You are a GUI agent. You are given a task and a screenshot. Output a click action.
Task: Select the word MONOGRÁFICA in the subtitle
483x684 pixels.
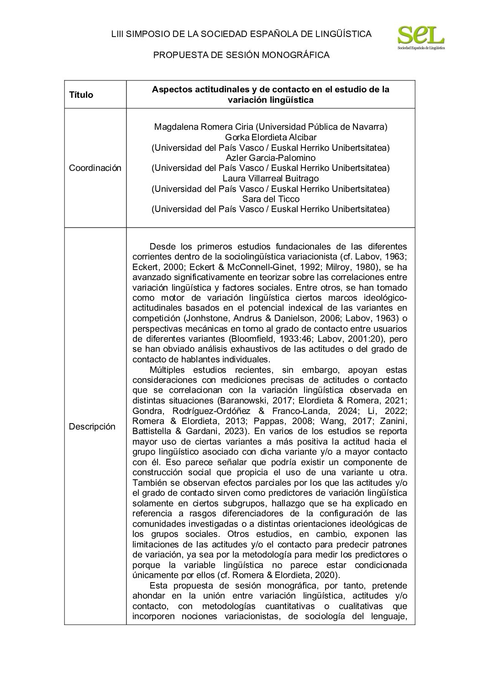pos(301,55)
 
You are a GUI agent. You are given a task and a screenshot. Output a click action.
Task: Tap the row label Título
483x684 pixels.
pos(81,95)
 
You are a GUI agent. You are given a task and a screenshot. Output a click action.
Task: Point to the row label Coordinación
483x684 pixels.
pos(95,168)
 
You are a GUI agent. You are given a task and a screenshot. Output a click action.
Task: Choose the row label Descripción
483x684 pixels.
pos(92,427)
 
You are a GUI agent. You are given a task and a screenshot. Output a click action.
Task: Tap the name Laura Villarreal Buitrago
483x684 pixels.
pos(270,178)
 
